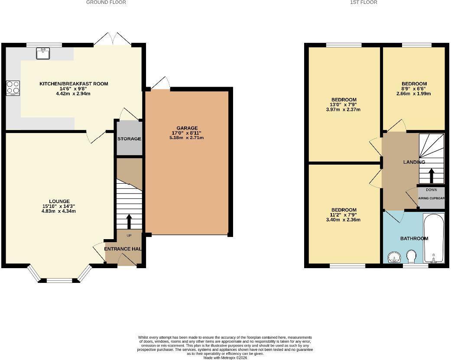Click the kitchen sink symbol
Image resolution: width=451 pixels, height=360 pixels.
43,53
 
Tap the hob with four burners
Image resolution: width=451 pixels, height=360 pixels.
13,88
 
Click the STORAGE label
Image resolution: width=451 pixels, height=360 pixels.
129,139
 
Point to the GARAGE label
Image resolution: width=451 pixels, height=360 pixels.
187,128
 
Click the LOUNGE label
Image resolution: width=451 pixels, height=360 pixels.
59,201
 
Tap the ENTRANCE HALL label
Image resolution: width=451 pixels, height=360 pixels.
123,249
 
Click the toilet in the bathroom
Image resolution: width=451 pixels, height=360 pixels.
412,258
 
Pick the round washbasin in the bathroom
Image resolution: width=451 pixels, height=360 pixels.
394,258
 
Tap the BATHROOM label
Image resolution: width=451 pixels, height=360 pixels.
414,238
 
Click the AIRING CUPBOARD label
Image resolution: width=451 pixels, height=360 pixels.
431,198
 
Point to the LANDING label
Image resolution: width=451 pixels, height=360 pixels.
414,162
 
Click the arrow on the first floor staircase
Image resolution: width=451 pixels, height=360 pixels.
431,175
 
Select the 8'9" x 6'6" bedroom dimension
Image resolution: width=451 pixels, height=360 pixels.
414,89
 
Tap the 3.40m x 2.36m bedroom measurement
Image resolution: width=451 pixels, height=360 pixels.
343,220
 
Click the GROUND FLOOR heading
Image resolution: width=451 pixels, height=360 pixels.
106,3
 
